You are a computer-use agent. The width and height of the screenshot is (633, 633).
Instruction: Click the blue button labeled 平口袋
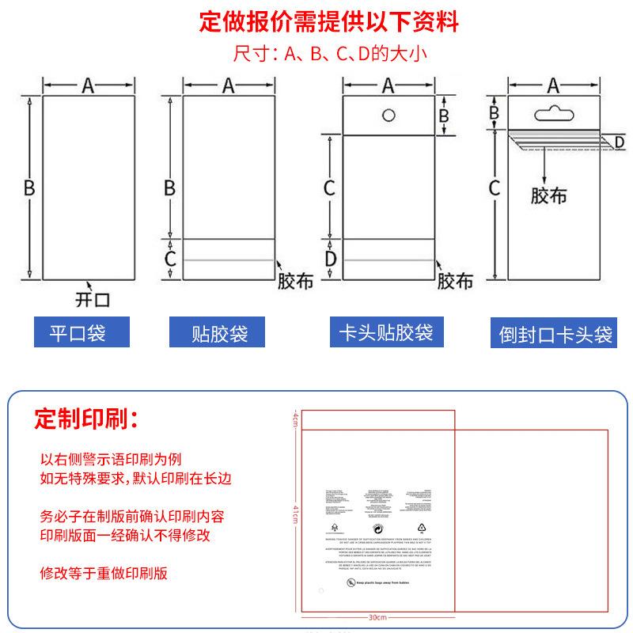78,332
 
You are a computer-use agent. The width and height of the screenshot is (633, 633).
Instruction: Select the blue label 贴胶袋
219,332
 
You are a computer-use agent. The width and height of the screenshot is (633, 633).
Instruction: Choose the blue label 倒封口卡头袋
555,333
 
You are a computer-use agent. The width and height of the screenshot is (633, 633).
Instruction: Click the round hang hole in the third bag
389,116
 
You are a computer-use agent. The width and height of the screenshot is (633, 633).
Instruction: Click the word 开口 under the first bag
92,299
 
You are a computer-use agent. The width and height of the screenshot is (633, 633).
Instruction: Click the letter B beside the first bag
28,188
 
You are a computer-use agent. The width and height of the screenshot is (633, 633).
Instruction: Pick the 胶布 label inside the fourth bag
548,195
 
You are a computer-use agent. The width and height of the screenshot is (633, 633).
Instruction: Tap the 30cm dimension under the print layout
377,618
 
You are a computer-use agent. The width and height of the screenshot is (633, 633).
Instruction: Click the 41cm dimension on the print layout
294,512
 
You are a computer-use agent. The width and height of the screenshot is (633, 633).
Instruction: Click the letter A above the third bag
389,85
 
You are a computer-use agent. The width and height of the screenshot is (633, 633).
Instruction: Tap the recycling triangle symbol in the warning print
421,526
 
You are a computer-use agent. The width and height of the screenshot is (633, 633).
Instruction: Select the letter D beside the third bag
330,259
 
